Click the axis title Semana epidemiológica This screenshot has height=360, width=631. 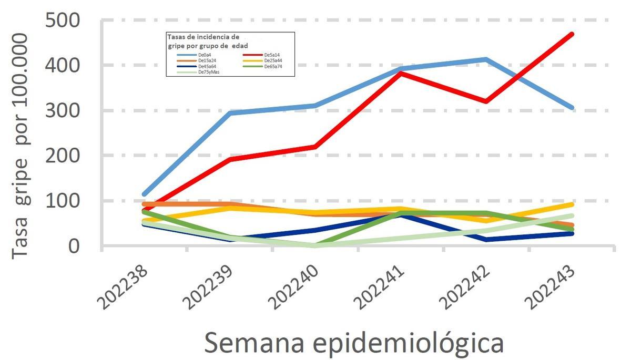[x=353, y=343]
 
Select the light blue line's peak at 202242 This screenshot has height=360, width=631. [x=486, y=59]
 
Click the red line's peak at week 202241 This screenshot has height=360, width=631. [x=401, y=73]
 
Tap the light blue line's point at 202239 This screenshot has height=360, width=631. [x=230, y=113]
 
